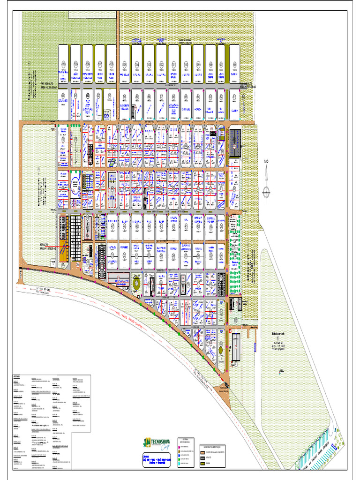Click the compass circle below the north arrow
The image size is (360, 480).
pos(266,190)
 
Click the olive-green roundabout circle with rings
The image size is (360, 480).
pos(136,284)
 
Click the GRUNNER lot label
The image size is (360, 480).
pos(63,101)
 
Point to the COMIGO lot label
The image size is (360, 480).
pos(112,220)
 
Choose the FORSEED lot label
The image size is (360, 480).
pos(124,246)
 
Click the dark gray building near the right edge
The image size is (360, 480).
pos(235,139)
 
